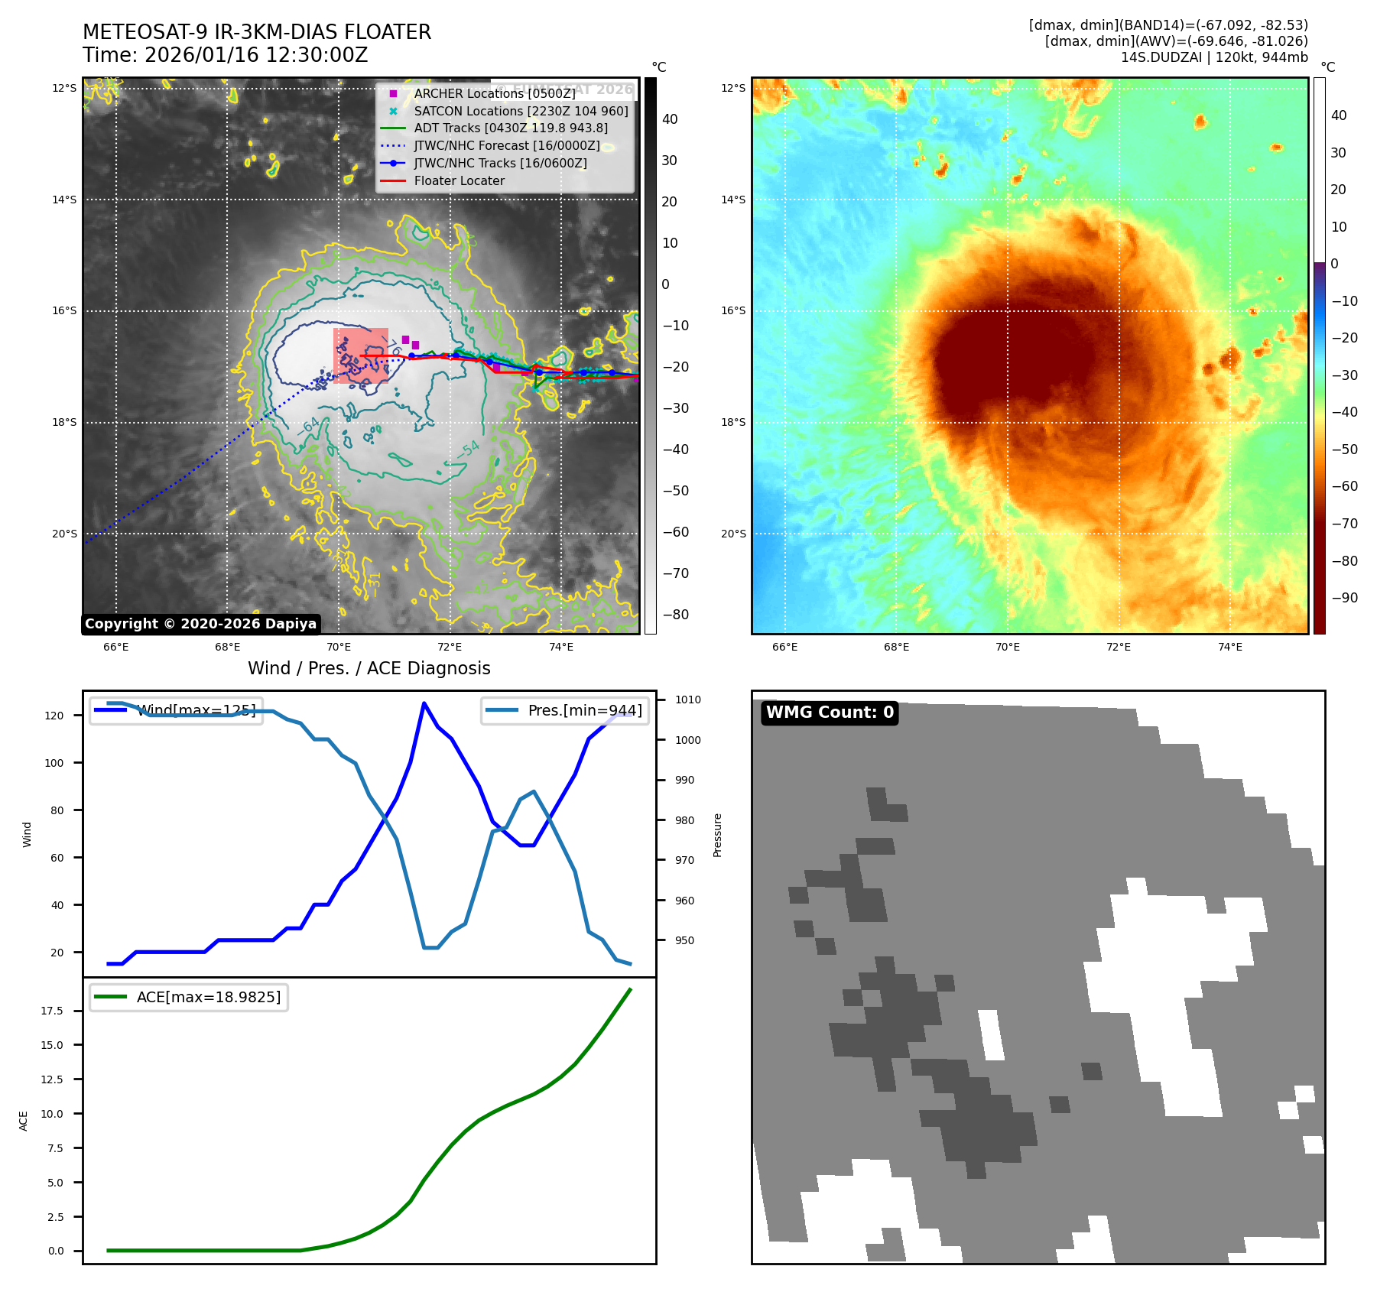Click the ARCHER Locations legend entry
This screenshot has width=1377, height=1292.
495,93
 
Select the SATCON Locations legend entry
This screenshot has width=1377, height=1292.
521,111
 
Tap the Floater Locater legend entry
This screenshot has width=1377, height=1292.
459,181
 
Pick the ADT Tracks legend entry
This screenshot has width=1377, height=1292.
511,128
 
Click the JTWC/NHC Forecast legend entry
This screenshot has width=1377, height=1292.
506,146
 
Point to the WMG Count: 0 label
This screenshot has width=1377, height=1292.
830,713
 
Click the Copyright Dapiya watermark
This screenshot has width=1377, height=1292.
200,624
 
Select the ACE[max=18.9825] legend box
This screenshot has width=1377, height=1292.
189,997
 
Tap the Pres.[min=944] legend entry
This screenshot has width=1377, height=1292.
565,710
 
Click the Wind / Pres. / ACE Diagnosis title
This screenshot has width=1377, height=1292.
369,668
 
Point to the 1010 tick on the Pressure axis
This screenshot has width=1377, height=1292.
688,700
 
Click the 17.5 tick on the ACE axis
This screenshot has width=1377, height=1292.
53,1011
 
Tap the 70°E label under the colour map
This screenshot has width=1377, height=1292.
1007,648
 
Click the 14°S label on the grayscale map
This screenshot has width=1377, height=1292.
64,200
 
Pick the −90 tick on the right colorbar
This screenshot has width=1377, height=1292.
1344,598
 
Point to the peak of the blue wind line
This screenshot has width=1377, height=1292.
424,703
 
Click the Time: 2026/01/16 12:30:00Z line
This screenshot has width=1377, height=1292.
226,56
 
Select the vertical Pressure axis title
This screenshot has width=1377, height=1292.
717,835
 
